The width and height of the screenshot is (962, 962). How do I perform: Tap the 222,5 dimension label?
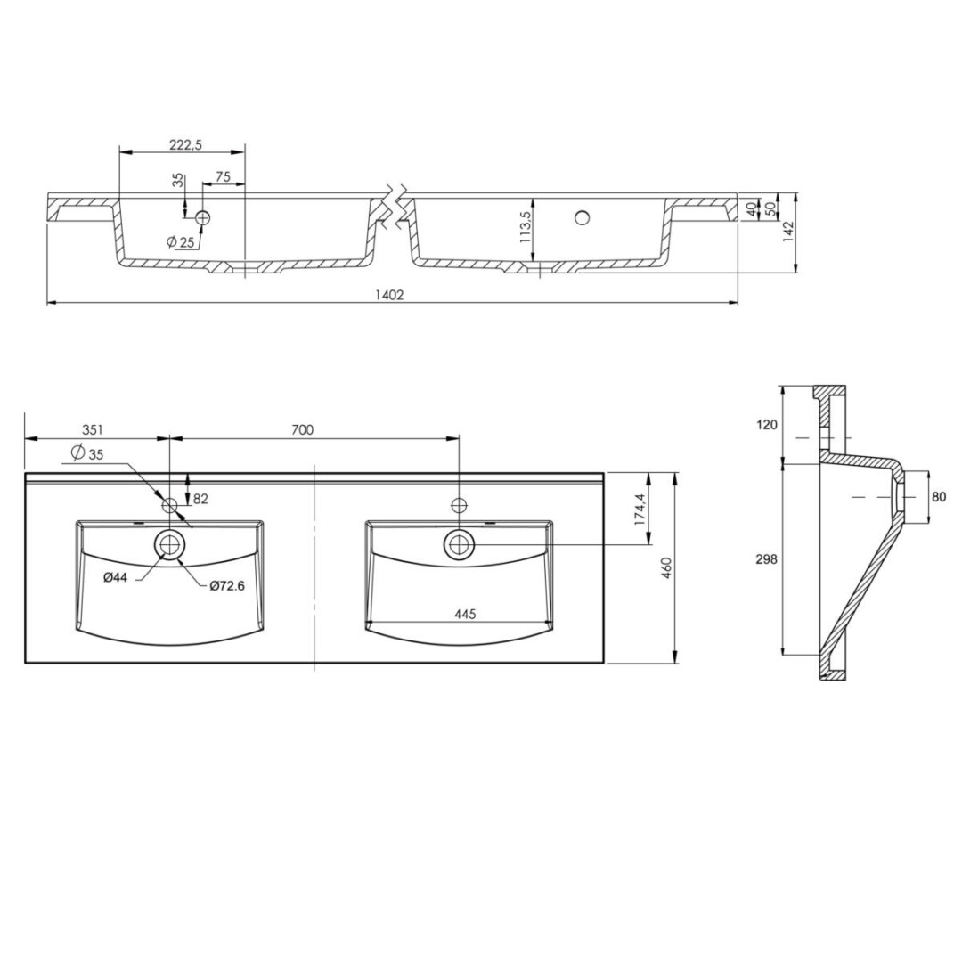[185, 144]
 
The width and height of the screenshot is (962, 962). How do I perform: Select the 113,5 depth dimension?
[526, 229]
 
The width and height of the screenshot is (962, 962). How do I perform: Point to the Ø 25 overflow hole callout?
[180, 241]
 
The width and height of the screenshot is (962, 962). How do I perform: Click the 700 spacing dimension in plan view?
[303, 429]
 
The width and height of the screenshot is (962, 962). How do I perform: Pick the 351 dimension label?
[92, 429]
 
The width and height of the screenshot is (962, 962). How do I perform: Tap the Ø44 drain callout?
[115, 577]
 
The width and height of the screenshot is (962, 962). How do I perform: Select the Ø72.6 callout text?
[227, 586]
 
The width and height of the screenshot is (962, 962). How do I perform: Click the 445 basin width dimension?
[466, 614]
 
